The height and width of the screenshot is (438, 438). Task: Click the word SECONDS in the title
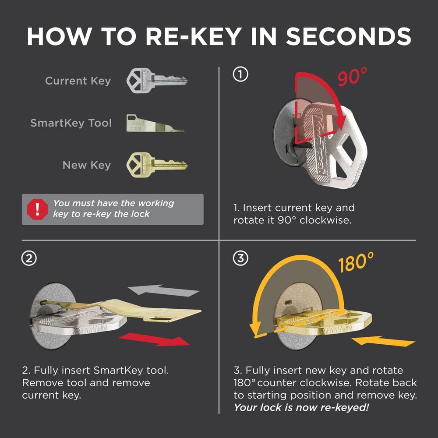(x=349, y=36)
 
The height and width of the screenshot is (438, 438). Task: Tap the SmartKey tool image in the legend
(x=155, y=123)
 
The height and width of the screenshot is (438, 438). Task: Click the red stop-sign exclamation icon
(x=37, y=209)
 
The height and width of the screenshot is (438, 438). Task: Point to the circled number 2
(x=28, y=258)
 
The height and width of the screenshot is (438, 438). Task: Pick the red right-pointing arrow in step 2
(x=155, y=339)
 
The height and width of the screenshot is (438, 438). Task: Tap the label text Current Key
(x=78, y=81)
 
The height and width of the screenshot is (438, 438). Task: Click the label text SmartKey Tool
(x=71, y=123)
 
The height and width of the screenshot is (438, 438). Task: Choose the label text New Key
(x=86, y=165)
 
